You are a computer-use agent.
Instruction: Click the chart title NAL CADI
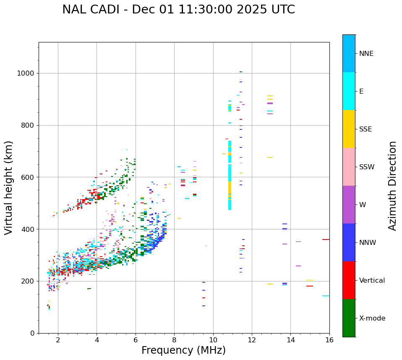[178, 10]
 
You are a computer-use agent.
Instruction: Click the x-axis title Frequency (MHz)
[183, 350]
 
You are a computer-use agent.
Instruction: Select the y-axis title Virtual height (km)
[9, 187]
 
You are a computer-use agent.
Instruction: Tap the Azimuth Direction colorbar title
[392, 185]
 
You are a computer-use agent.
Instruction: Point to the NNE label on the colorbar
[366, 54]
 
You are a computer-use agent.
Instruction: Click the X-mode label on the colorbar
[372, 318]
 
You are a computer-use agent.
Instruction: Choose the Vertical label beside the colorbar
[372, 281]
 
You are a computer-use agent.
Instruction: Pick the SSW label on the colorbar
[366, 167]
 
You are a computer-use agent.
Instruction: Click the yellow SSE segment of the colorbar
[349, 129]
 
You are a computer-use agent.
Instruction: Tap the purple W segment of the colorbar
[349, 205]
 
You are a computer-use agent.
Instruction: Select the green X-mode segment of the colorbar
[349, 318]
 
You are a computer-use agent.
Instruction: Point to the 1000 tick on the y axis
[26, 73]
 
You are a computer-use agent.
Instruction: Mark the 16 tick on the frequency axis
[329, 339]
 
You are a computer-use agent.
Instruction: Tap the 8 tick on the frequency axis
[174, 339]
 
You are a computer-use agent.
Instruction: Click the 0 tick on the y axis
[32, 333]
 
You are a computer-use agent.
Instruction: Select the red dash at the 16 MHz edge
[326, 239]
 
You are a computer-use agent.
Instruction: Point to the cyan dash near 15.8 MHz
[326, 296]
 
